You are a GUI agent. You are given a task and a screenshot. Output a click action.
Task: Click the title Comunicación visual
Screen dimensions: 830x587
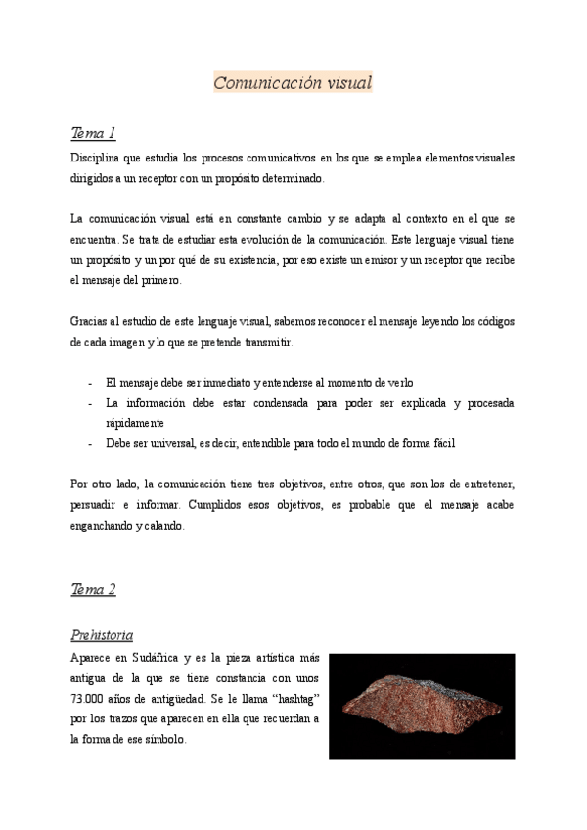coord(293,83)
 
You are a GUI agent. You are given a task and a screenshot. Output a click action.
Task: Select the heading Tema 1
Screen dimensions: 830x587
coord(94,132)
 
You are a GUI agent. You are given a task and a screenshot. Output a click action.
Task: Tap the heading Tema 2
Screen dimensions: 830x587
coord(94,589)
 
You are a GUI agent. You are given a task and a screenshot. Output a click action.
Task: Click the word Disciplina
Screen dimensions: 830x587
coord(97,158)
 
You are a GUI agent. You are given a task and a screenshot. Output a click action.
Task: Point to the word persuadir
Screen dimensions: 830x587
coord(97,505)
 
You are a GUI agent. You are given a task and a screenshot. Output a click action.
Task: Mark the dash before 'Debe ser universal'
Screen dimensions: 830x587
coord(90,443)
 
